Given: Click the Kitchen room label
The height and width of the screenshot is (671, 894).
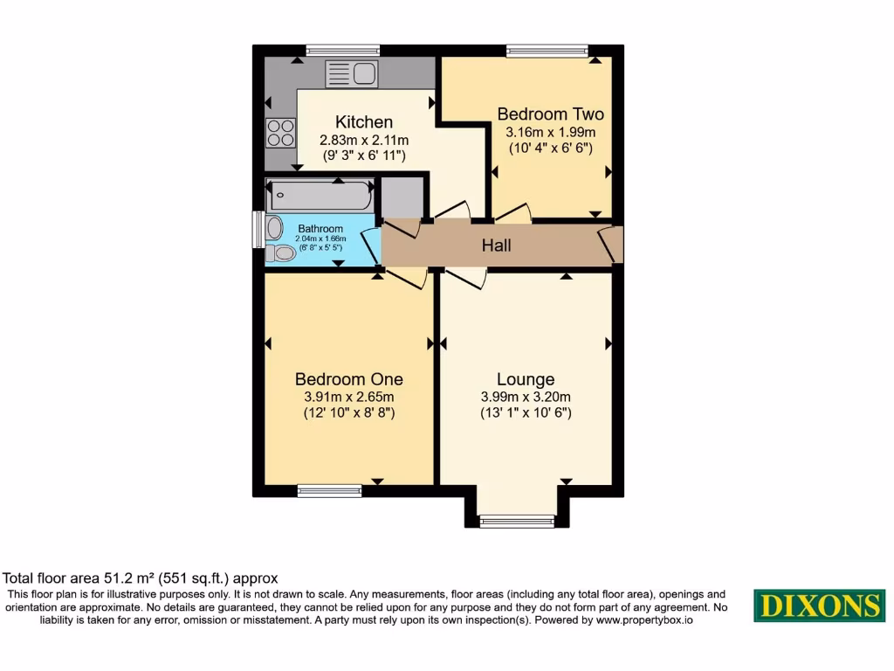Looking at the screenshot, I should pyautogui.click(x=364, y=121).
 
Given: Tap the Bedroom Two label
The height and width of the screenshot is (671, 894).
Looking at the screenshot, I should pyautogui.click(x=550, y=114).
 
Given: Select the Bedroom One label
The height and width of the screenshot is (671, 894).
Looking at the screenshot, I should pyautogui.click(x=349, y=378).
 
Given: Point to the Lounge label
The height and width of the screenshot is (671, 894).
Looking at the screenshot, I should pyautogui.click(x=526, y=378).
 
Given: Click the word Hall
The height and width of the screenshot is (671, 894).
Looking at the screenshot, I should pyautogui.click(x=496, y=246).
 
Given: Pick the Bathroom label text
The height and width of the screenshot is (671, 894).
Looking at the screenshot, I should pyautogui.click(x=320, y=229).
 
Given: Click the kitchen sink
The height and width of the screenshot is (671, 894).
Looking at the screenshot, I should pyautogui.click(x=350, y=73).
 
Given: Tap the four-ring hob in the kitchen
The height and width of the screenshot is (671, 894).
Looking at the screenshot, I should pyautogui.click(x=280, y=132).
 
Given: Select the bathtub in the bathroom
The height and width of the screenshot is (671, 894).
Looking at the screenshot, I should pyautogui.click(x=320, y=195).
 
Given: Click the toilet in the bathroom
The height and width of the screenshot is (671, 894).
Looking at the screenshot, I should pyautogui.click(x=282, y=253).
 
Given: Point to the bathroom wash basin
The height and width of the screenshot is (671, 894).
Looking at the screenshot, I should pyautogui.click(x=275, y=229).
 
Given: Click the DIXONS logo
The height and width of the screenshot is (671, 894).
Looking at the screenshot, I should pyautogui.click(x=819, y=605).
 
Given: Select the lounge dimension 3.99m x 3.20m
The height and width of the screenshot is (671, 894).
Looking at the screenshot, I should pyautogui.click(x=526, y=396).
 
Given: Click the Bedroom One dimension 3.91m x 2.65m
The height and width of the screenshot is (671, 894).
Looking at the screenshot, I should pyautogui.click(x=349, y=396).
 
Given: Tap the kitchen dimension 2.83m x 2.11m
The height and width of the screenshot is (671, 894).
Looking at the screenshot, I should pyautogui.click(x=364, y=140).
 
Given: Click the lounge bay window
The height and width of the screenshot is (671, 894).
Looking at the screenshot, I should pyautogui.click(x=517, y=521).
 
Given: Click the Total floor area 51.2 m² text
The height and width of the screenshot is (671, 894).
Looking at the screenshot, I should pyautogui.click(x=140, y=578).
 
